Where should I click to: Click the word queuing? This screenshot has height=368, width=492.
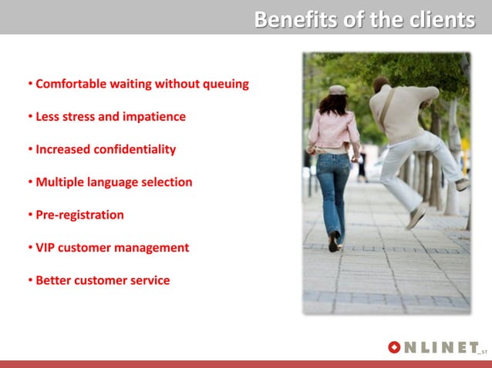(x=224, y=84)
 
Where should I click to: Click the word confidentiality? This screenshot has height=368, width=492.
(x=134, y=149)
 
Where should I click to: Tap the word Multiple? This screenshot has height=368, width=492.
(x=60, y=182)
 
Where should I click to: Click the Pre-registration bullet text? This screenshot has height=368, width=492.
(x=79, y=215)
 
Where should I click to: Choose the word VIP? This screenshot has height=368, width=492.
(x=47, y=248)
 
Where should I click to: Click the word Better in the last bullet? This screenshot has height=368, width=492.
(x=55, y=280)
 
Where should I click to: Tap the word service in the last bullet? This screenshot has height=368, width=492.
(x=150, y=280)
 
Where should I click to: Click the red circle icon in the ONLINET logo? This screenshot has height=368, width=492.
(x=395, y=348)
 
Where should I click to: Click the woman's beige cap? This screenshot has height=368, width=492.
(x=337, y=90)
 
